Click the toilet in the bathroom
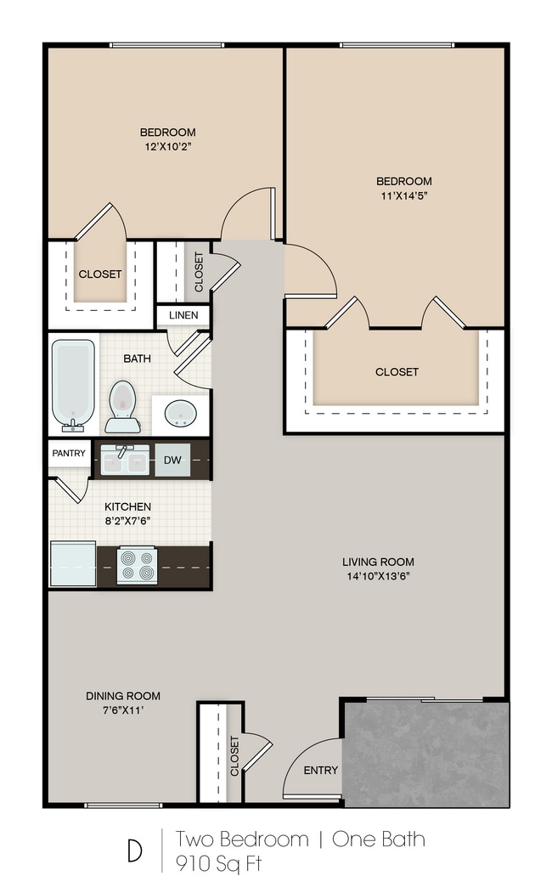click(x=122, y=407)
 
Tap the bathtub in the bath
click(x=73, y=386)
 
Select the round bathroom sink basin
click(x=180, y=413)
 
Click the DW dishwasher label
click(x=172, y=460)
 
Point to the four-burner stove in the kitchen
click(x=137, y=565)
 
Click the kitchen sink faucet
click(x=121, y=452)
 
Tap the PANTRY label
click(x=69, y=454)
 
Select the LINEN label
click(x=183, y=315)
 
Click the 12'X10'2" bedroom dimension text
click(x=168, y=146)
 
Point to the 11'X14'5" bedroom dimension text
click(x=404, y=196)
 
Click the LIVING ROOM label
click(x=379, y=562)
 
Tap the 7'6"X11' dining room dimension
click(x=123, y=710)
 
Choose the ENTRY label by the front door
click(x=321, y=770)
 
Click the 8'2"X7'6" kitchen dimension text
click(x=127, y=521)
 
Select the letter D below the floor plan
click(x=135, y=851)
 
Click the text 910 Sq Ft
click(x=218, y=864)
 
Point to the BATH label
click(x=137, y=359)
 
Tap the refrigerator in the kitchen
click(x=73, y=563)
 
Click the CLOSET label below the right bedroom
click(x=397, y=372)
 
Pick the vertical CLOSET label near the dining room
click(x=234, y=755)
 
